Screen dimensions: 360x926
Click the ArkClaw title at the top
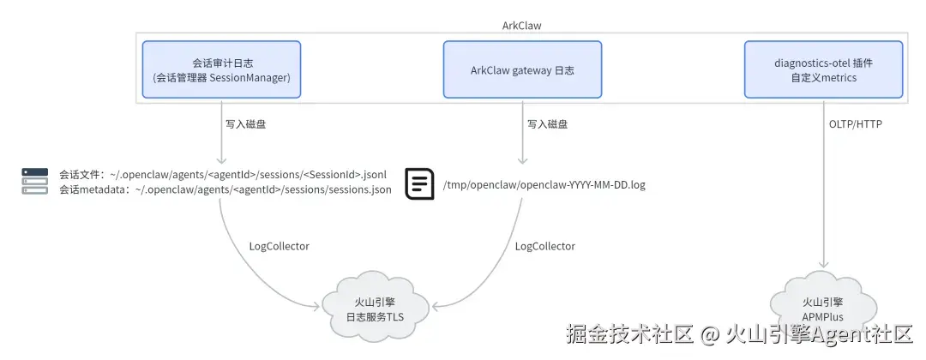coord(521,26)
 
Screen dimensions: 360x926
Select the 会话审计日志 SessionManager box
coord(222,69)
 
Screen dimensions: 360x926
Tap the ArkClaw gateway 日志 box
coord(521,69)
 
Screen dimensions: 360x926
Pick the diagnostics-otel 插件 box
coord(823,69)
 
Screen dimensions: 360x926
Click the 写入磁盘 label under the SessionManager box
coord(245,124)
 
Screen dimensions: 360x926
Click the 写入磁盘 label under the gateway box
coord(546,124)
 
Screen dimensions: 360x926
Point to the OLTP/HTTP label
coord(855,124)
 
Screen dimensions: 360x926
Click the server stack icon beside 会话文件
coord(35,181)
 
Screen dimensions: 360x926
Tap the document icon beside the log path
coord(419,183)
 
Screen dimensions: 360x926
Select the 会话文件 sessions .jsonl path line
coord(228,174)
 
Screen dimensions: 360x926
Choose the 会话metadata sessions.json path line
coord(225,190)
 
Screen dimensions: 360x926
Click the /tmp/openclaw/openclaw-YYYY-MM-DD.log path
coord(544,184)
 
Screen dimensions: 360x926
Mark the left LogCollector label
coord(279,246)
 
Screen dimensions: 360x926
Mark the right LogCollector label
coord(544,246)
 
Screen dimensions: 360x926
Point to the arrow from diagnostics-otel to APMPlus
coord(824,197)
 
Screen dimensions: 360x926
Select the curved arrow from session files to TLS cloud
coord(240,266)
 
